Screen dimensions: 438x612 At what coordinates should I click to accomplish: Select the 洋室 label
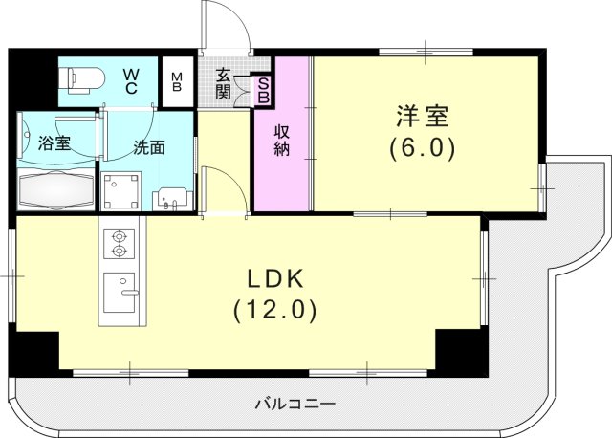pyautogui.click(x=422, y=117)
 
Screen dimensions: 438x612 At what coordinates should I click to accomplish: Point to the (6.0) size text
pyautogui.click(x=422, y=148)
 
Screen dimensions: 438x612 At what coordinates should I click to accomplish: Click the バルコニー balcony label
pyautogui.click(x=295, y=404)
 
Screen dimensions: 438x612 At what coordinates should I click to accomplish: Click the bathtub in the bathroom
pyautogui.click(x=56, y=190)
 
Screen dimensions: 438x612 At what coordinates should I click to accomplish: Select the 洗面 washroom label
pyautogui.click(x=148, y=148)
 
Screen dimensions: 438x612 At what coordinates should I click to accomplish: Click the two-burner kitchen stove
pyautogui.click(x=119, y=243)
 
